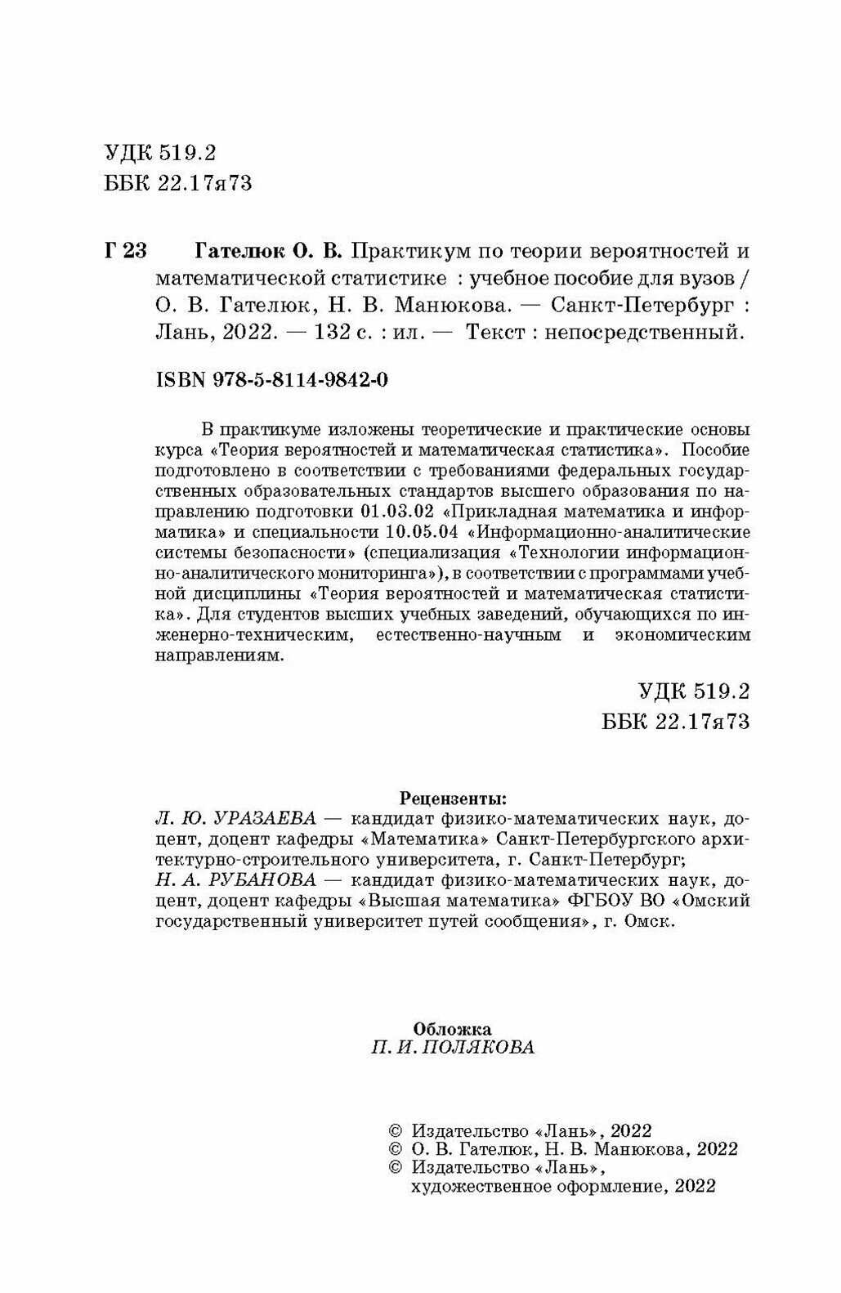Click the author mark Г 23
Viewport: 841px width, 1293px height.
point(125,250)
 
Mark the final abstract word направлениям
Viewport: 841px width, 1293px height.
point(221,655)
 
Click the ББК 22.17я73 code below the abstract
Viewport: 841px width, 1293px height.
point(675,723)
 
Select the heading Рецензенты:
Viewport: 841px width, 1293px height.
point(452,796)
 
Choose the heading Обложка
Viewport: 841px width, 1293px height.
point(452,1027)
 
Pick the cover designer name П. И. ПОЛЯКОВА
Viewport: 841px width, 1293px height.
point(452,1048)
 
